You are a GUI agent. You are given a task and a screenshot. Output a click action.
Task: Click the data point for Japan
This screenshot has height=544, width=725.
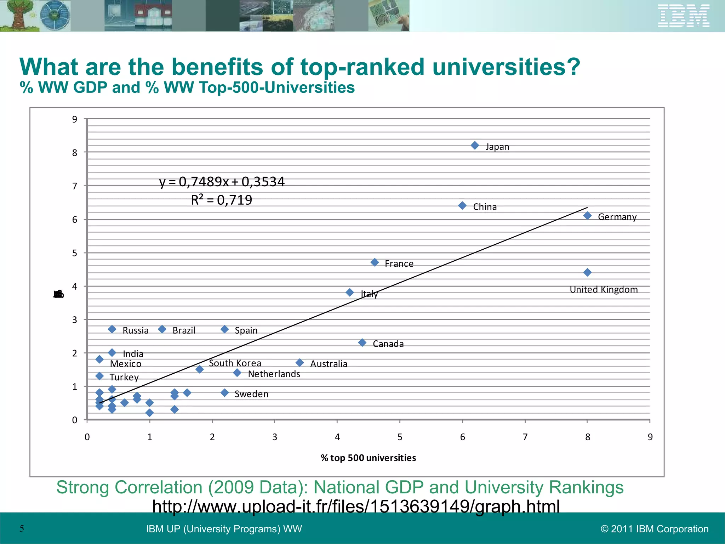[475, 146]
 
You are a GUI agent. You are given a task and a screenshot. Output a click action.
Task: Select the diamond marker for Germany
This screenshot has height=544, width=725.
[587, 215]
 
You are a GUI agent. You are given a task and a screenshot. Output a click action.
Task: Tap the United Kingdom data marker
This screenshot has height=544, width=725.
[587, 272]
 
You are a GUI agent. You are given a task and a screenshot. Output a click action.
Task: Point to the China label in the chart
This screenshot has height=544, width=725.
[485, 207]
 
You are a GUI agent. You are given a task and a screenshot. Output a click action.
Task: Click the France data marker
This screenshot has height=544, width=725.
[375, 262]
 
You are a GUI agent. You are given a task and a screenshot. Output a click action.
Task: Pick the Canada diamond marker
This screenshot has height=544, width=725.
[362, 342]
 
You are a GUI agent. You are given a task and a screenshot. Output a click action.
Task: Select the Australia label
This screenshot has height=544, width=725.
[329, 364]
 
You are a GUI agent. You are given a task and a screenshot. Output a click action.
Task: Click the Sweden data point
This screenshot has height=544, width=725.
[224, 392]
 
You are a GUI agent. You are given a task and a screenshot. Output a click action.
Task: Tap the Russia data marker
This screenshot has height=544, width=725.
[112, 329]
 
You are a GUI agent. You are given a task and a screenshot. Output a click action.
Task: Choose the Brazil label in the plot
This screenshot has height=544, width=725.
[184, 330]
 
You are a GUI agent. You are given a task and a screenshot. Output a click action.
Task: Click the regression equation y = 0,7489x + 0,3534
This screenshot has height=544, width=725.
[222, 182]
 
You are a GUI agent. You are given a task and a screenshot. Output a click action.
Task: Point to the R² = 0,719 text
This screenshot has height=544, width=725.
[222, 200]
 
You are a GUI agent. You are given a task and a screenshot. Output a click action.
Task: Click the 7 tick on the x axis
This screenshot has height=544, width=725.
[525, 437]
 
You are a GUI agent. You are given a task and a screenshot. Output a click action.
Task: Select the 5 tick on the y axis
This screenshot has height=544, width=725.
[75, 253]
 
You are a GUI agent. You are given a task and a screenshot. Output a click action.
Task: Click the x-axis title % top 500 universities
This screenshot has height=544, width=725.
[368, 458]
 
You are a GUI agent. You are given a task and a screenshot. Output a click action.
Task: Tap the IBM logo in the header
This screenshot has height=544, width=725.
[683, 16]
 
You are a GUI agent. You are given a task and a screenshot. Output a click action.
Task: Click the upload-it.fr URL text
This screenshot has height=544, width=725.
[356, 506]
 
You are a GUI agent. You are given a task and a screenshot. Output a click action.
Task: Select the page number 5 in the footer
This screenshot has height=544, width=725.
[22, 529]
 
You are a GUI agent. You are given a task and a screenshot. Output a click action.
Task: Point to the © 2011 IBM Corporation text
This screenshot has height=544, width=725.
[655, 529]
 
